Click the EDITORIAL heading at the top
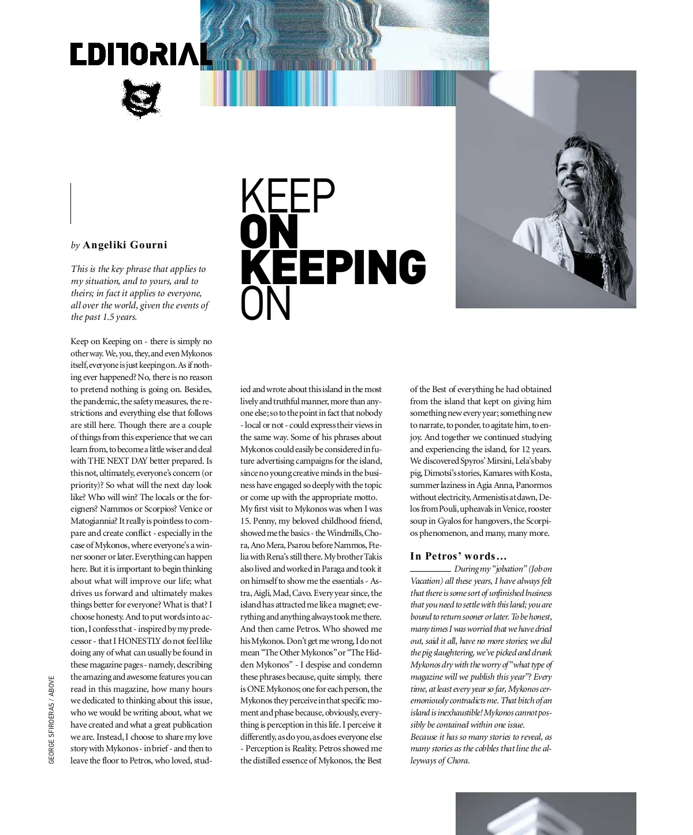tap(141, 54)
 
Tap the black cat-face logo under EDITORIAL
tap(140, 98)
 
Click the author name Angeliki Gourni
tap(125, 245)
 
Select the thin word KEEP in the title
tap(288, 196)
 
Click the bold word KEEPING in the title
tap(333, 267)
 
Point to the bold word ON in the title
tap(269, 232)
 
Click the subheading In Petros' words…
tap(459, 556)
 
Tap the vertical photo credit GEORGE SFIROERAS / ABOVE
tap(51, 720)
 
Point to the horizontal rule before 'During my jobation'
tap(430, 571)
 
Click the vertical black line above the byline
tap(71, 203)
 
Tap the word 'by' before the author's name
tap(75, 245)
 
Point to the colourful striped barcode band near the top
tap(327, 88)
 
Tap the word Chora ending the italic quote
tap(457, 761)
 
